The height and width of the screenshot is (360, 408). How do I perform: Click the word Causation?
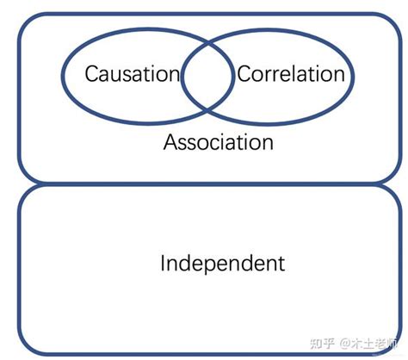point(132,74)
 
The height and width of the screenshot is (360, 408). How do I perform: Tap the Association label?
point(219,141)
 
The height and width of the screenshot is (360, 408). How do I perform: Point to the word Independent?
point(222,263)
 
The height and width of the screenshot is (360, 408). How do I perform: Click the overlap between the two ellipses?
point(206,76)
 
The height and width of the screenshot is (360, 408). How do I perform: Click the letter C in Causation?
point(90,74)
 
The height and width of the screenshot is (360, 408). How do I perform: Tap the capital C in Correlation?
point(243,74)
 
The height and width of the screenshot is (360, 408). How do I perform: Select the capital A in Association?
point(170,141)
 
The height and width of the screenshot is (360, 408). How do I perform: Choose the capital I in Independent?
point(164,263)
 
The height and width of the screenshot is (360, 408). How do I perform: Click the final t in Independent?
point(281,263)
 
